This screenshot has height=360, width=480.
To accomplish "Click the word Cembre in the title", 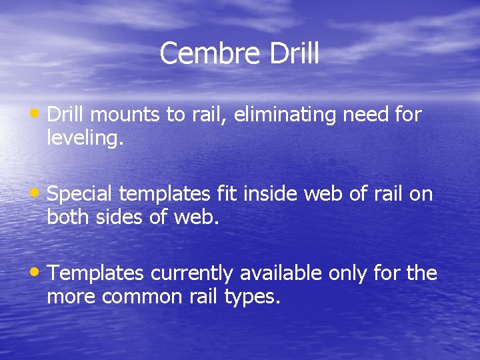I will pyautogui.click(x=211, y=54).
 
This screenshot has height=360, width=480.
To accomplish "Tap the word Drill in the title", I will pyautogui.click(x=294, y=54).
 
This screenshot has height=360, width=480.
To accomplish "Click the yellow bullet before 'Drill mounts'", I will pyautogui.click(x=39, y=114).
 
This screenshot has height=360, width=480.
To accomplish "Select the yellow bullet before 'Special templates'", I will pyautogui.click(x=39, y=193).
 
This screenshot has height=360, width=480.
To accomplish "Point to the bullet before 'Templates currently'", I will pyautogui.click(x=39, y=273).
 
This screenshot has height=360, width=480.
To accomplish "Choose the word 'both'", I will pyautogui.click(x=67, y=218).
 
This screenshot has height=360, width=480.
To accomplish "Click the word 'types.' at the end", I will pyautogui.click(x=254, y=297).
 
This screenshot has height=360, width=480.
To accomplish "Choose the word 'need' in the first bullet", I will pyautogui.click(x=367, y=115).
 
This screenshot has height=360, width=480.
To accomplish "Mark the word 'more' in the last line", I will pyautogui.click(x=71, y=297).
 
